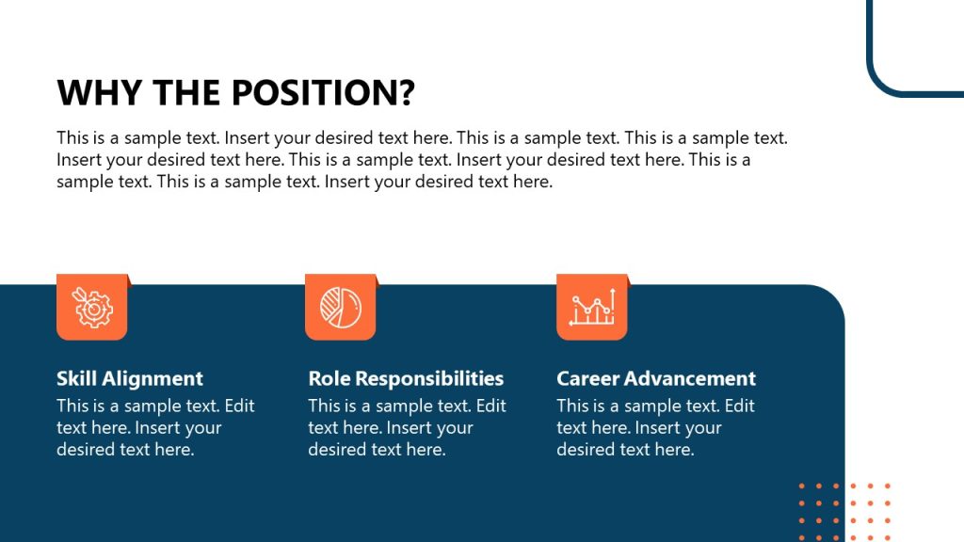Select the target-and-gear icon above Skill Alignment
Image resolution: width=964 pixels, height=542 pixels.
92,307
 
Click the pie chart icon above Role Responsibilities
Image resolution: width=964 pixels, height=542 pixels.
341,307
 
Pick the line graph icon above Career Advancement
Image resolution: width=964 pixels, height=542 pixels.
592,307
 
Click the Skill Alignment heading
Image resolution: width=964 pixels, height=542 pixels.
130,378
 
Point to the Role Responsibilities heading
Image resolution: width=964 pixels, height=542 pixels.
406,378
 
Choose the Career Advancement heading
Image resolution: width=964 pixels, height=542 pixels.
656,378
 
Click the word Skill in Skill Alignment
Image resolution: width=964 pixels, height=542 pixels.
76,378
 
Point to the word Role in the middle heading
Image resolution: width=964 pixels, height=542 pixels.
329,378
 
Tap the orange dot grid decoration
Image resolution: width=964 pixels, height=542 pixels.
844,512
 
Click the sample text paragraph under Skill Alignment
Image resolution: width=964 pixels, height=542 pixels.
155,427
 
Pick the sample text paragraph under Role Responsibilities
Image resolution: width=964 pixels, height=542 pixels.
407,427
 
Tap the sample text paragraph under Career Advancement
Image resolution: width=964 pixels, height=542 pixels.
655,427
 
